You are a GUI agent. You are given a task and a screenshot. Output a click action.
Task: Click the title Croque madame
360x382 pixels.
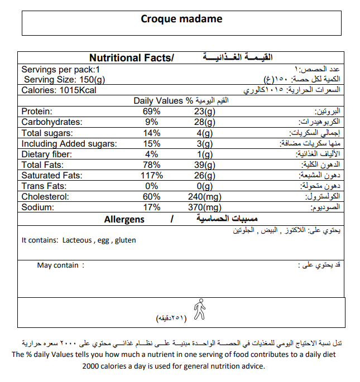click(x=181, y=19)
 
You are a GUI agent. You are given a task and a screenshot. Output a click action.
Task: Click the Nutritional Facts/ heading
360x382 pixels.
click(x=132, y=58)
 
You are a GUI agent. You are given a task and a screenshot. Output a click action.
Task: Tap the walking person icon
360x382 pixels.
click(x=199, y=310)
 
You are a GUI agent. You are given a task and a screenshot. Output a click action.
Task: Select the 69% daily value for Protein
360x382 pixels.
click(x=152, y=112)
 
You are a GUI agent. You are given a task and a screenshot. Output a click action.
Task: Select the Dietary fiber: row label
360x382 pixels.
click(x=47, y=154)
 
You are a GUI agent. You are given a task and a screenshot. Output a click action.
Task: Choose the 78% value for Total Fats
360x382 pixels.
click(x=152, y=165)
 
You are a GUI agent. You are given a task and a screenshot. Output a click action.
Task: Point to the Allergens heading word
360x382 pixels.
click(x=124, y=219)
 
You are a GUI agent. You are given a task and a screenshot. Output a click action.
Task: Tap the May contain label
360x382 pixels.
click(x=58, y=265)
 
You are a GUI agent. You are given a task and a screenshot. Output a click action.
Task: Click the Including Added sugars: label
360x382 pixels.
click(x=69, y=144)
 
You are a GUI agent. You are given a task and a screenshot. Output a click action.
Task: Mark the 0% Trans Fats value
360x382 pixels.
click(x=152, y=186)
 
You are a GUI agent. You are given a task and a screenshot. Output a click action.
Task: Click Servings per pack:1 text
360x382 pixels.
click(x=60, y=70)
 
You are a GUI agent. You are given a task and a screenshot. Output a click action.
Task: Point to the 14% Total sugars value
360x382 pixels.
click(x=152, y=133)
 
